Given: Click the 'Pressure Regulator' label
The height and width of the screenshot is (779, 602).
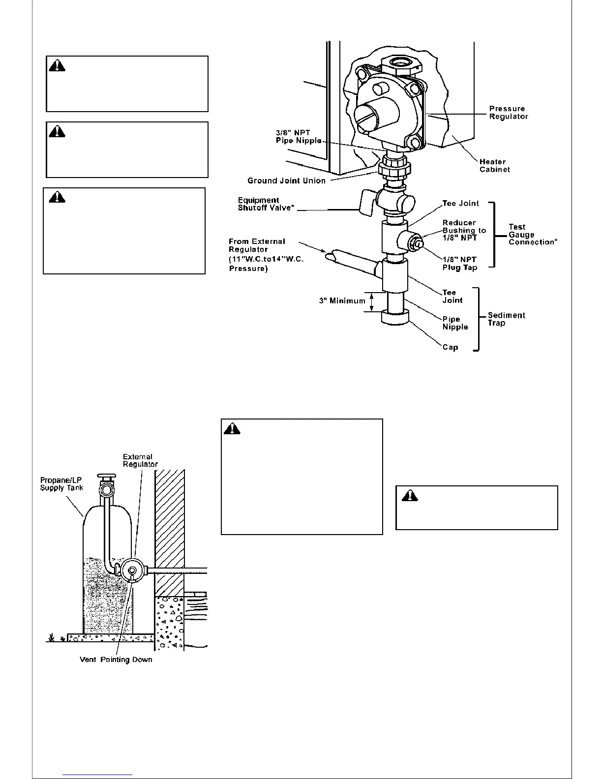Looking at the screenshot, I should (x=508, y=113).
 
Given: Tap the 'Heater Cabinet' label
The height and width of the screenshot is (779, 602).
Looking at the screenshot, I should (x=494, y=165).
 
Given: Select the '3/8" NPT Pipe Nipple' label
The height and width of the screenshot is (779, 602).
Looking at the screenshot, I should (x=298, y=136).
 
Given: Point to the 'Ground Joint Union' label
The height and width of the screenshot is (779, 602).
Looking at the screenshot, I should (x=286, y=180).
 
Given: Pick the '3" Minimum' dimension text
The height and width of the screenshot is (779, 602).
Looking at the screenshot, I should (x=342, y=300).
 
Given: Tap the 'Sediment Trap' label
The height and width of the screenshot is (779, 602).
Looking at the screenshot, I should (x=506, y=319).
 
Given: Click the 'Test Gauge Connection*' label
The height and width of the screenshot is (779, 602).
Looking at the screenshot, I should (x=533, y=235).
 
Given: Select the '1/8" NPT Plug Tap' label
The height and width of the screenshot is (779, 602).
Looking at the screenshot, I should (x=460, y=264).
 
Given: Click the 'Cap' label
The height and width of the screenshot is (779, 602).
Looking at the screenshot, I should (x=450, y=347).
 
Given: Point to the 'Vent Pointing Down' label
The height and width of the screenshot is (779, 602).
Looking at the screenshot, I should (x=116, y=659).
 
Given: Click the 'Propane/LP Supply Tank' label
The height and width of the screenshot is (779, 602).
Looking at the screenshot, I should (x=61, y=484).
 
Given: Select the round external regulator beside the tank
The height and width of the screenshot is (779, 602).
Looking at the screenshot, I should (x=133, y=570).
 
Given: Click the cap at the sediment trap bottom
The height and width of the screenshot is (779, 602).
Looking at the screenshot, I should (x=395, y=318).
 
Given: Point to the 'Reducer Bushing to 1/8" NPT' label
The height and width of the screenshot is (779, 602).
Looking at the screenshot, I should (x=464, y=230).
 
